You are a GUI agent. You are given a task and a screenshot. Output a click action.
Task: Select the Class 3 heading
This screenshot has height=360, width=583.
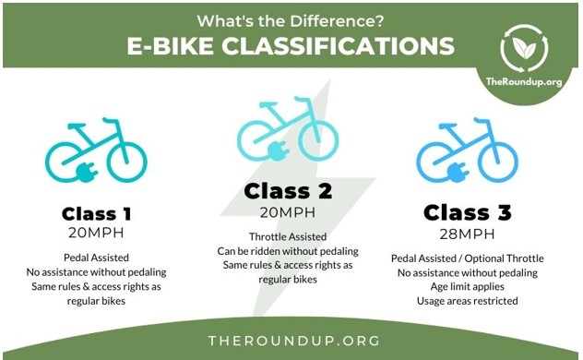pos(467,213)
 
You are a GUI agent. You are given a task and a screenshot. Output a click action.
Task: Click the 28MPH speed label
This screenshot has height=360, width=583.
pos(467,234)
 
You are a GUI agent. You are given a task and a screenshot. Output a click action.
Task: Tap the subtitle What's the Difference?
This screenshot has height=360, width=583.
pos(292,18)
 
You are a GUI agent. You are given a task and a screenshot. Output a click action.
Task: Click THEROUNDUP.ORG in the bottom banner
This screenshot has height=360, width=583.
pos(291,340)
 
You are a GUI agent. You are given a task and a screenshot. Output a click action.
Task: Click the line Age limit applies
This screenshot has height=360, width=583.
pos(467,286)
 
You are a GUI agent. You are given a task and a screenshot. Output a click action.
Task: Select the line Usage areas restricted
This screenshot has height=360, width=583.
pos(467,301)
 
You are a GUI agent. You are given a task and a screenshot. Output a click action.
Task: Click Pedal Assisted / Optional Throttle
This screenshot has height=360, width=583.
pos(467,258)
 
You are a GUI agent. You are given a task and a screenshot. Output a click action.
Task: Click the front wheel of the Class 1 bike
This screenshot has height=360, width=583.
pos(126,161)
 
